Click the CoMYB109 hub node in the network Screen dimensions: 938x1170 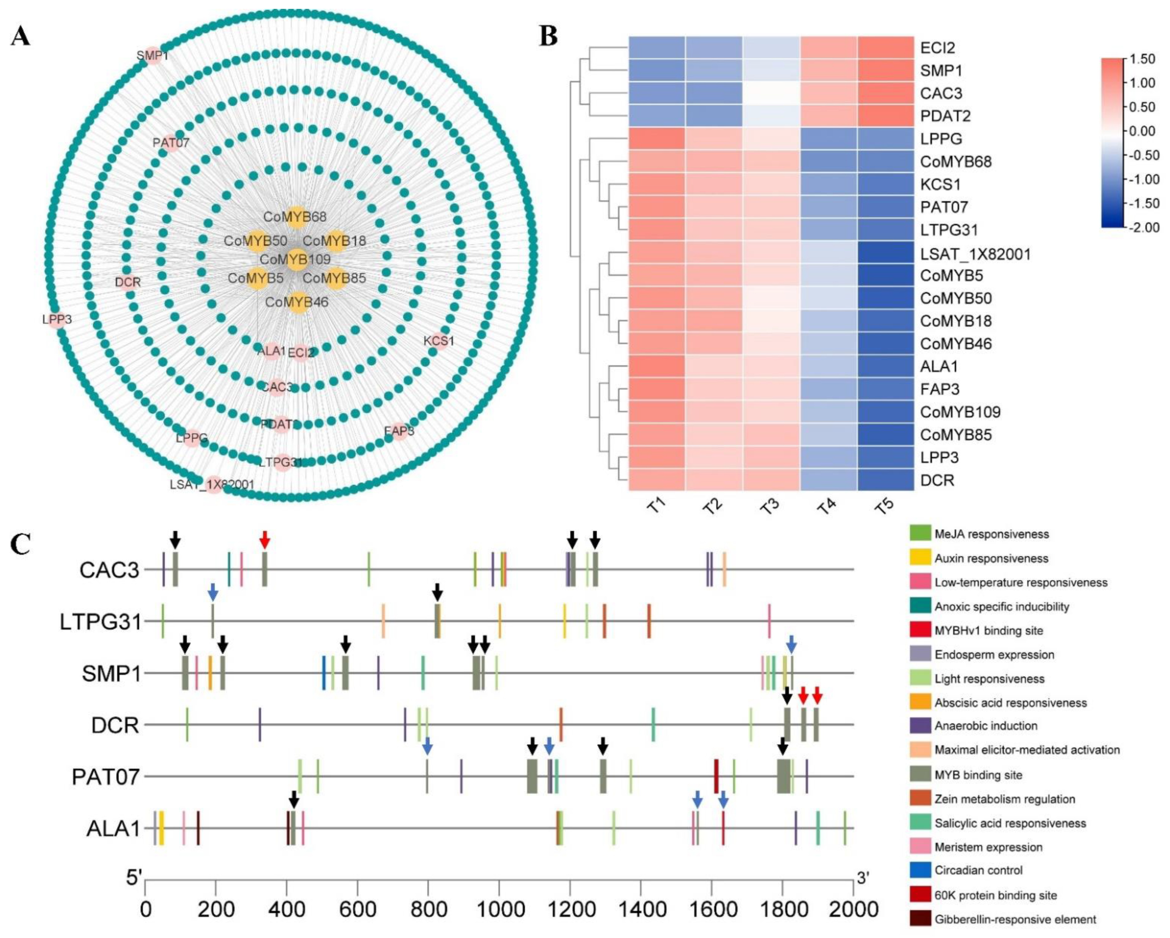[296, 259]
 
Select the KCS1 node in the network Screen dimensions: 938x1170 [440, 341]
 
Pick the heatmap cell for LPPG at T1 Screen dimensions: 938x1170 [657, 139]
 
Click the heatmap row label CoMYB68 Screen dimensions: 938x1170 [956, 162]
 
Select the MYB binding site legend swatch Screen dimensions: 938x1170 [920, 775]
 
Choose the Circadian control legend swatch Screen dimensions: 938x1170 [920, 870]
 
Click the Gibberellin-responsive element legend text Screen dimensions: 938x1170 [1015, 919]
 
